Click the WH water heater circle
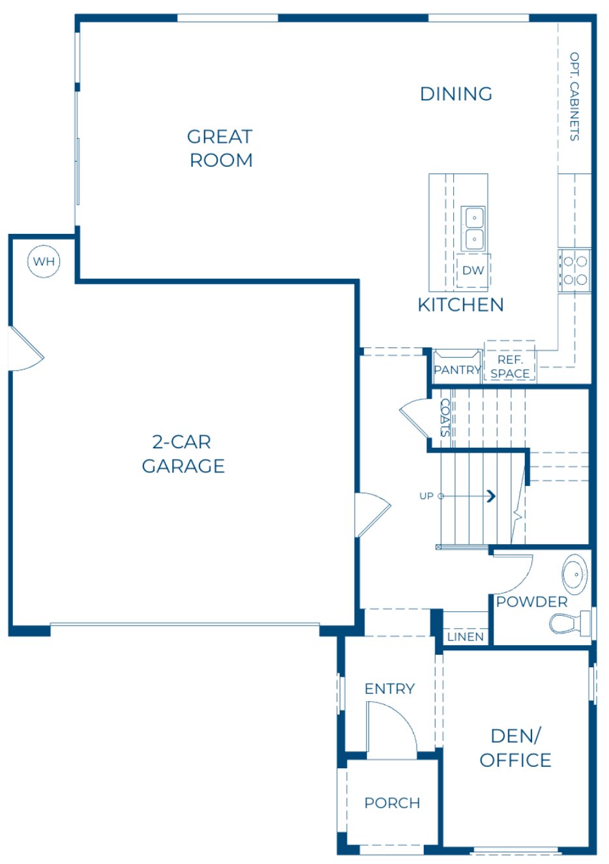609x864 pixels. point(44,262)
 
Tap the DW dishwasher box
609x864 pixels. point(473,270)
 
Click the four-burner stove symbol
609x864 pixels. point(574,270)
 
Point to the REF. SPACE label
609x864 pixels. point(510,367)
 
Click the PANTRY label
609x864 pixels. point(457,370)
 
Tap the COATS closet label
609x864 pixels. point(445,418)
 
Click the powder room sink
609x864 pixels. point(574,574)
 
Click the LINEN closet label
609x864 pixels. point(466,637)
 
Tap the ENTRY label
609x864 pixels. point(389,689)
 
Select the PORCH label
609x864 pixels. point(392,803)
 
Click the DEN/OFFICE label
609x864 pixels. point(515,748)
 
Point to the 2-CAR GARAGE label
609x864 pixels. point(183,454)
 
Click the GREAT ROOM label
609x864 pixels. point(220,149)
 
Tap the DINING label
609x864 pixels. point(456,94)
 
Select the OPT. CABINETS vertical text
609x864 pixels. point(574,96)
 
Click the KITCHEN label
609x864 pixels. point(460,305)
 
